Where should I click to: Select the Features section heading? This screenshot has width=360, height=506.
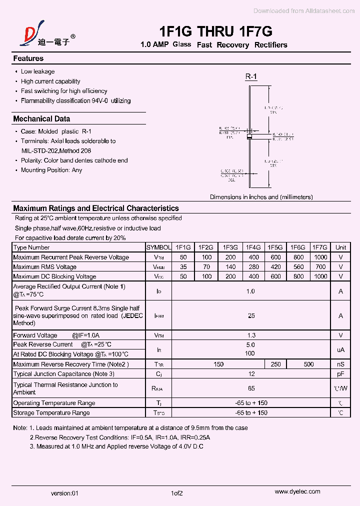click(x=28, y=58)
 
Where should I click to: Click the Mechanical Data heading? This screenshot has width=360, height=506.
click(x=41, y=119)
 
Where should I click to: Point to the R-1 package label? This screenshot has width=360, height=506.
click(x=250, y=76)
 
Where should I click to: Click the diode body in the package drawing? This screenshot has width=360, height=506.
click(x=250, y=134)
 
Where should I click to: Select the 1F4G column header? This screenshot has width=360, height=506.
click(x=253, y=247)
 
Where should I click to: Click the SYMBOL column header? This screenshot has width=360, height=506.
click(x=158, y=247)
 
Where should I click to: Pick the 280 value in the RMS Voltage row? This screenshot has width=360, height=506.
click(x=253, y=267)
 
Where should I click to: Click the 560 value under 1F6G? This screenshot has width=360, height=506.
click(x=298, y=267)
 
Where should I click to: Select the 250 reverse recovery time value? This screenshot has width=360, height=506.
click(x=275, y=364)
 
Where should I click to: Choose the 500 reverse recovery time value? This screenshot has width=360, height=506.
click(x=308, y=364)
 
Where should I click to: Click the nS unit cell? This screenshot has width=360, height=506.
click(x=340, y=364)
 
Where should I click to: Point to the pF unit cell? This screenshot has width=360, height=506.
click(x=340, y=374)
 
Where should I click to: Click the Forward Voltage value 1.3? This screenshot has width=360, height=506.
click(x=251, y=335)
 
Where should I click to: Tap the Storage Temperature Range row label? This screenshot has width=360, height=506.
click(x=51, y=413)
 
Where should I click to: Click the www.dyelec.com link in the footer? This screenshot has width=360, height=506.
click(x=297, y=492)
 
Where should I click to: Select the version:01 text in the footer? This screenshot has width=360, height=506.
click(x=65, y=493)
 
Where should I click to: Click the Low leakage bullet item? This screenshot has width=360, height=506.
click(x=37, y=71)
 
